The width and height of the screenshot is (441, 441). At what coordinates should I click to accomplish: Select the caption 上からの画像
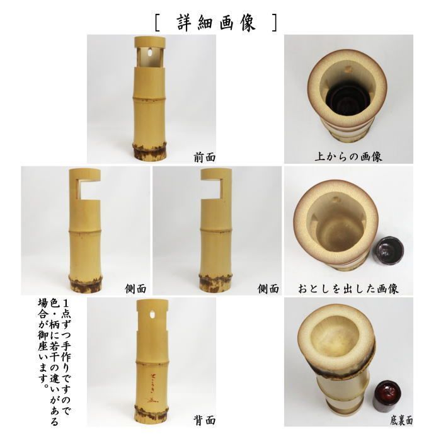(x=348, y=157)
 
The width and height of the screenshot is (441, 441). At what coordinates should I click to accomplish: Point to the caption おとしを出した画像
(x=348, y=289)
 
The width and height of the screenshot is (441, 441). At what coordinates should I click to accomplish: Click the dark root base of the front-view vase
(x=151, y=152)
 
